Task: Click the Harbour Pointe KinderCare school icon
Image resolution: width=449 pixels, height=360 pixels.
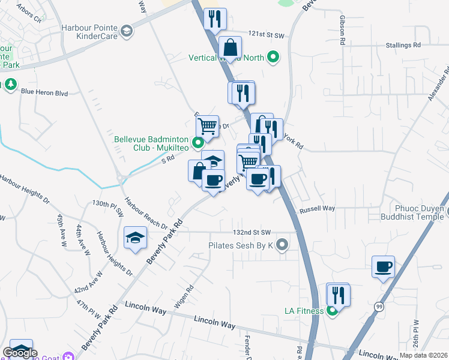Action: (127, 30)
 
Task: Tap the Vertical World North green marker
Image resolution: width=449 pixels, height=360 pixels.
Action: (274, 58)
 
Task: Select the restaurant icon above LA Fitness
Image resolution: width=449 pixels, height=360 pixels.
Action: (338, 295)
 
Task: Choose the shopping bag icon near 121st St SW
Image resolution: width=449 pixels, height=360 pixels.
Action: (231, 46)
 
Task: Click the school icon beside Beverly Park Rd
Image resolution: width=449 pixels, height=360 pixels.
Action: (136, 239)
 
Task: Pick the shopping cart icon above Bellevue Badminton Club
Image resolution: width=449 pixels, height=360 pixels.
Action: (207, 127)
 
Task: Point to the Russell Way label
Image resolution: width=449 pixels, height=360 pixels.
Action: (317, 209)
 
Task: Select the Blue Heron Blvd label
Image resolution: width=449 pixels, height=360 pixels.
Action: (44, 92)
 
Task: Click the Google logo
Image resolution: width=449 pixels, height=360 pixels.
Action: (19, 353)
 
